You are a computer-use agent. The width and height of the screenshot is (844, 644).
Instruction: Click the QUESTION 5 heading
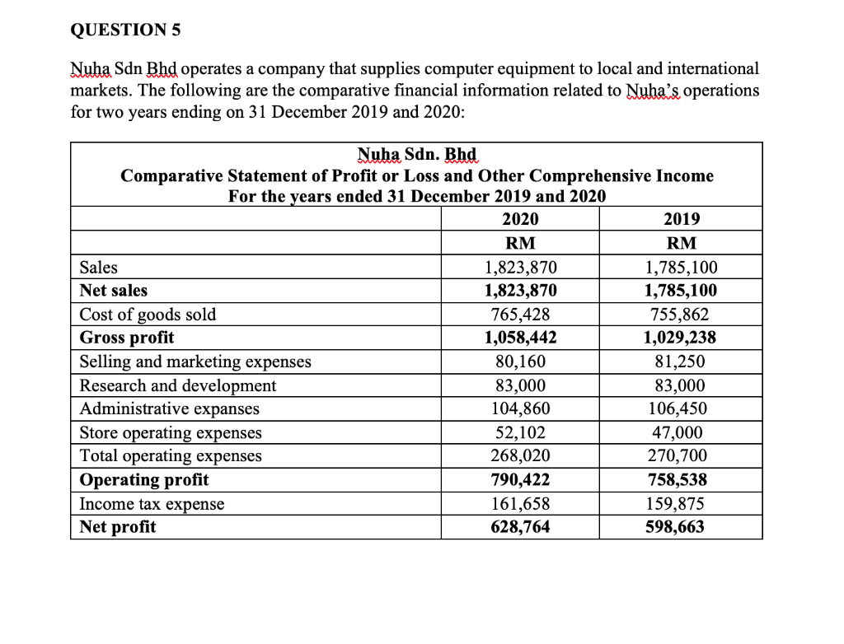click(x=124, y=30)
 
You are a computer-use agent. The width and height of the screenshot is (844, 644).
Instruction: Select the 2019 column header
click(x=681, y=219)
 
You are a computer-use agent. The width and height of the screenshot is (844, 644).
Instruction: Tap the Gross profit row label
click(x=126, y=338)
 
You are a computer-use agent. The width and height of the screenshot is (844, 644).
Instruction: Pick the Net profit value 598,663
click(x=681, y=527)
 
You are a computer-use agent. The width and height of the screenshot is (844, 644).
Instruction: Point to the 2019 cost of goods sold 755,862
click(x=681, y=315)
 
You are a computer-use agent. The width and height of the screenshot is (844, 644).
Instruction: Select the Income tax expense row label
click(x=152, y=504)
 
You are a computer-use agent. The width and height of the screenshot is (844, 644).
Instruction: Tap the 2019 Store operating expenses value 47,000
click(x=681, y=432)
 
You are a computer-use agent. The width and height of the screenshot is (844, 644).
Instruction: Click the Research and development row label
click(x=178, y=385)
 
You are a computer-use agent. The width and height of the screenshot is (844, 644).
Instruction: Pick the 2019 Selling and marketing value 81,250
click(x=681, y=362)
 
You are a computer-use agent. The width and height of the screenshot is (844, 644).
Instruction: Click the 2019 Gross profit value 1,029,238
click(x=681, y=338)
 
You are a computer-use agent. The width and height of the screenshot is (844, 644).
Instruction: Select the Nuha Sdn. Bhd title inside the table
click(x=417, y=155)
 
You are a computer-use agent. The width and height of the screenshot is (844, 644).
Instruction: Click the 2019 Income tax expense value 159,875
click(x=681, y=504)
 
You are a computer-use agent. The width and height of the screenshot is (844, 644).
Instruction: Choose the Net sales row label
click(x=114, y=291)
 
